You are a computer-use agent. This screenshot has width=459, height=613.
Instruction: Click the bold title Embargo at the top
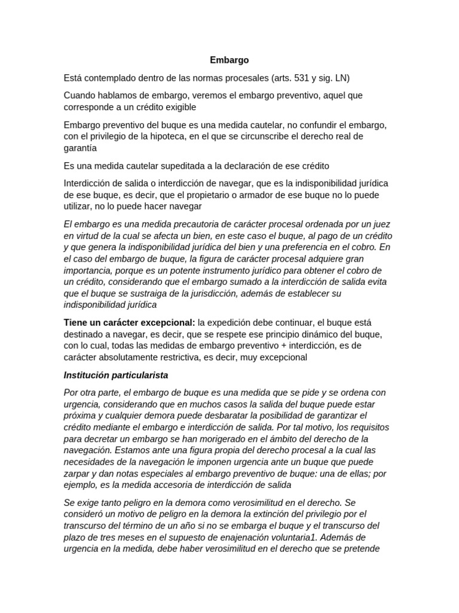click(229, 60)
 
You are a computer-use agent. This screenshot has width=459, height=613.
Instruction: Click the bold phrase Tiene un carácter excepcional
click(130, 323)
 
